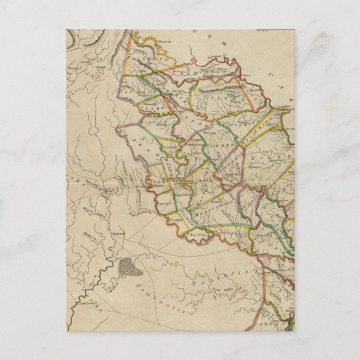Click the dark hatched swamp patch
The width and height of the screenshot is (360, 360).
[x=130, y=271]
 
